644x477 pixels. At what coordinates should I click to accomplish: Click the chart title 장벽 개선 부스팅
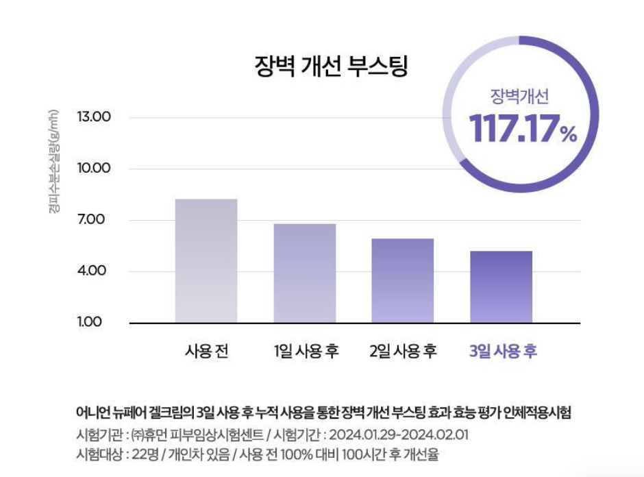(331, 67)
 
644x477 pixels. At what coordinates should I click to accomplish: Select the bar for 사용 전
(206, 260)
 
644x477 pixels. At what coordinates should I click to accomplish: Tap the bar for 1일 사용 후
(305, 273)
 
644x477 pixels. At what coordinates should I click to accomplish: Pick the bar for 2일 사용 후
(403, 280)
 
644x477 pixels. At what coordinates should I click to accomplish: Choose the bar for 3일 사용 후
(501, 286)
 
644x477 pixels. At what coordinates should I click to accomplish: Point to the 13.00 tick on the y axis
(95, 117)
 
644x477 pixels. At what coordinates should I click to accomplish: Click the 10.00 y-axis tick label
(95, 169)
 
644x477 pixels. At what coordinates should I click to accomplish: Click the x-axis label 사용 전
(206, 352)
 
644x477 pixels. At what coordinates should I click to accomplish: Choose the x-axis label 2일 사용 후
(403, 352)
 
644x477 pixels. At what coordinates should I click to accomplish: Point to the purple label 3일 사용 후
(503, 352)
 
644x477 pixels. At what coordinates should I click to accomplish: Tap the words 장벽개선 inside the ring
(519, 96)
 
